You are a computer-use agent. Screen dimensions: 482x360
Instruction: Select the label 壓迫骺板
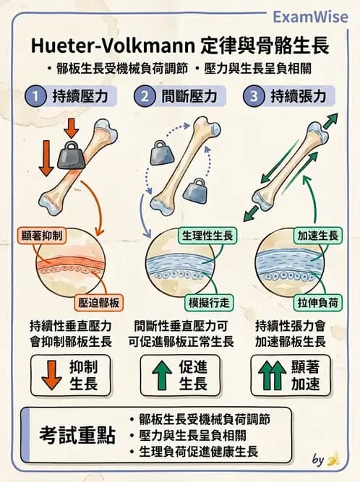point(100,302)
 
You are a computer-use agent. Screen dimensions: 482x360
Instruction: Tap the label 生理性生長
point(207,236)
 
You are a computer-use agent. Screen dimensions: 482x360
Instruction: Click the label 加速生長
point(315,236)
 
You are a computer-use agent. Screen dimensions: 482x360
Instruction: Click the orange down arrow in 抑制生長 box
point(50,376)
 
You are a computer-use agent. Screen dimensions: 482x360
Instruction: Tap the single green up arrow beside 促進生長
point(160,376)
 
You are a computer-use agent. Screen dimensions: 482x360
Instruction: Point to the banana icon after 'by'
point(332,459)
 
